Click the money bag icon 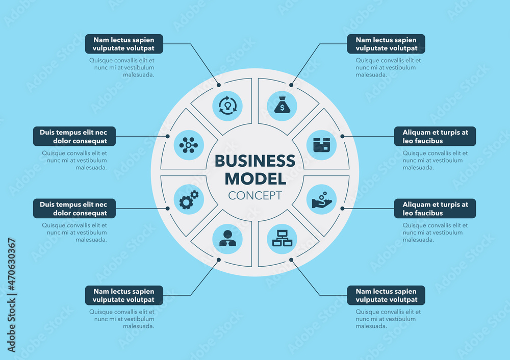(282, 106)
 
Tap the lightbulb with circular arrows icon (227, 106)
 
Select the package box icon (321, 145)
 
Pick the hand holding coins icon (321, 199)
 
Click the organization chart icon (282, 239)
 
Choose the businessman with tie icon (227, 239)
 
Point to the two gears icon (189, 199)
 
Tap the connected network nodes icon (189, 145)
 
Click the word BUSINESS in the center (255, 161)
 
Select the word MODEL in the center (255, 178)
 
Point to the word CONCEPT (255, 195)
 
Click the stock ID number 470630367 (12, 295)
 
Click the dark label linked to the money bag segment (386, 44)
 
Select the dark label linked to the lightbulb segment (124, 44)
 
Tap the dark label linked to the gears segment (74, 209)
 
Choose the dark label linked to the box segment (435, 136)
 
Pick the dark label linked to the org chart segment (386, 295)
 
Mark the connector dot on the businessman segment (219, 260)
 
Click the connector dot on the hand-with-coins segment (342, 209)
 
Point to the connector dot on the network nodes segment (168, 136)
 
